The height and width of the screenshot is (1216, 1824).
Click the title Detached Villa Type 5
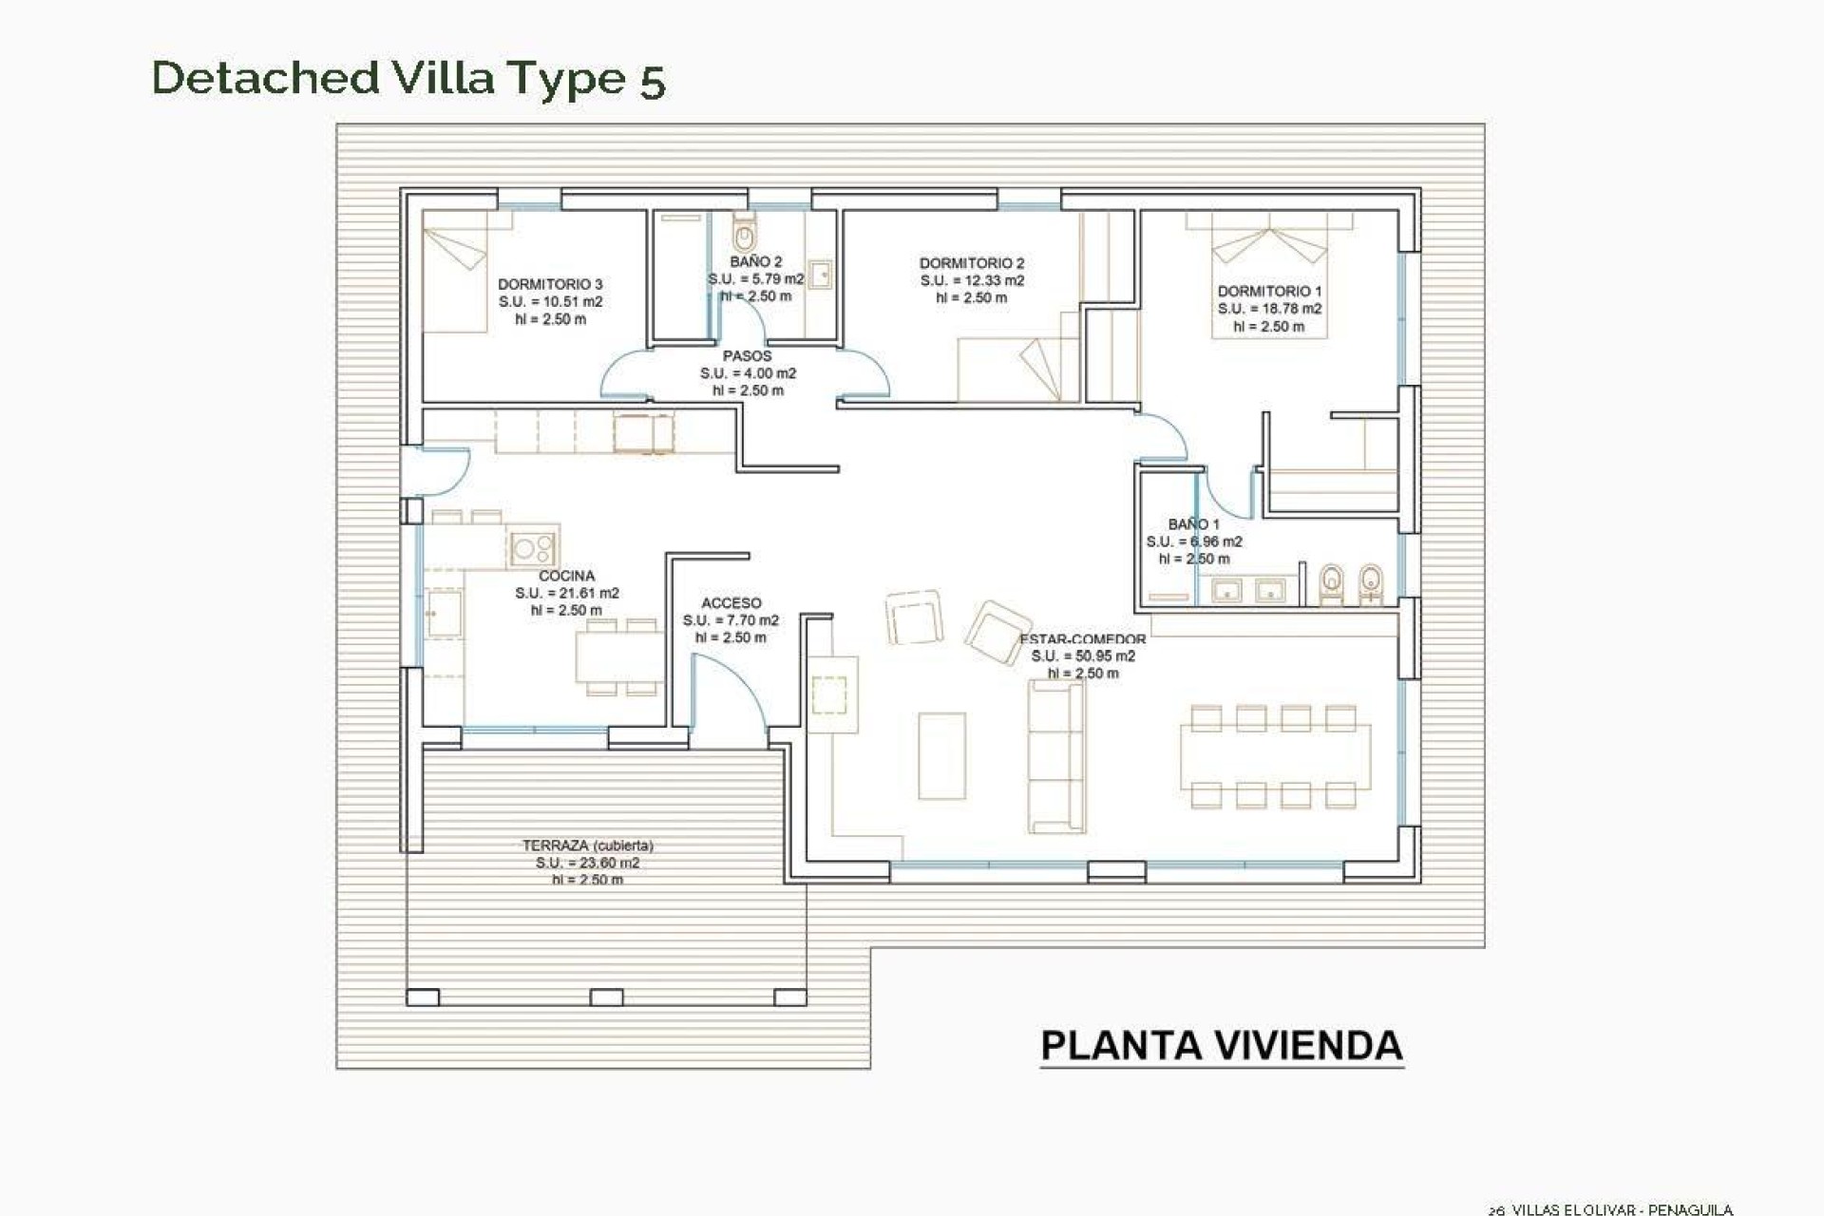[x=408, y=78]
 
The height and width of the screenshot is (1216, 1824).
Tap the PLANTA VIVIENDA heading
[x=1221, y=1045]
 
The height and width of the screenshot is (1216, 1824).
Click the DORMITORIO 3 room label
[x=550, y=284]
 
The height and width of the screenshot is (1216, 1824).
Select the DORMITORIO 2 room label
[x=971, y=263]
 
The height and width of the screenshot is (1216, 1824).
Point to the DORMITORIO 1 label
[x=1269, y=291]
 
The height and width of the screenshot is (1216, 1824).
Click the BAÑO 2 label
[x=756, y=261]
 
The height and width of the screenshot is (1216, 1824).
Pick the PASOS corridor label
[x=747, y=355]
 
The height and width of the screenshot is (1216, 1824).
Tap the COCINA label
[x=566, y=576]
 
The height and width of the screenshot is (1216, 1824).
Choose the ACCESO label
[x=731, y=602]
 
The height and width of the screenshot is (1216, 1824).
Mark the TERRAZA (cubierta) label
[x=587, y=845]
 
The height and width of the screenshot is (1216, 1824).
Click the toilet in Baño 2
[x=744, y=232]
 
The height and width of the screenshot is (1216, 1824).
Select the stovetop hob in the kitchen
[x=533, y=547]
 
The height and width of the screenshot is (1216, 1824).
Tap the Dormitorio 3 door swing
[x=622, y=375]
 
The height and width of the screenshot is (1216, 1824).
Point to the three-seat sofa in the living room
[x=1056, y=756]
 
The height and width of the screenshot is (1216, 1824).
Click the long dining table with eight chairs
[x=1275, y=756]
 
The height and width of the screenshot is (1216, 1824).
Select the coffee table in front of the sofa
[x=941, y=755]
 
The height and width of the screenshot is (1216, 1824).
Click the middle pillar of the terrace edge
[x=606, y=997]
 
